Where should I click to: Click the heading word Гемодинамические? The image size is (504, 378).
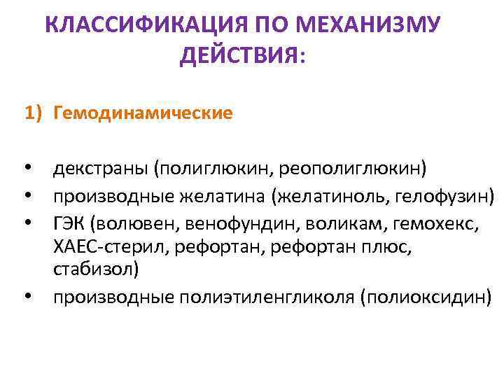142,113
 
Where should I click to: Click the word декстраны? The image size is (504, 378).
101,169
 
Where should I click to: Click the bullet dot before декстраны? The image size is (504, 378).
28,170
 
